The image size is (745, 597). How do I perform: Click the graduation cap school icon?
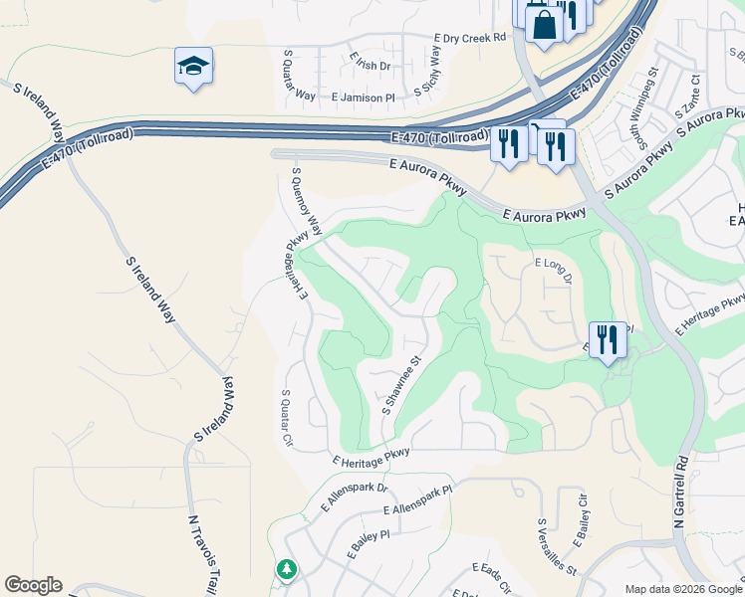coord(193,67)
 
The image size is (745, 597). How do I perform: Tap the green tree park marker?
coord(287,569)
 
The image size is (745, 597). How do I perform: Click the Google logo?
coord(33,585)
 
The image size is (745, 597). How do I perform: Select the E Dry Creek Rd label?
coord(470,38)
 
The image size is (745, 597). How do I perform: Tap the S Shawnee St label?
coord(403,386)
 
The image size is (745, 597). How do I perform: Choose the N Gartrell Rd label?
coord(681,492)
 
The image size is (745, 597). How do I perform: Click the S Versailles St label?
coord(557,546)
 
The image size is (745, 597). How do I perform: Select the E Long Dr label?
coord(554,270)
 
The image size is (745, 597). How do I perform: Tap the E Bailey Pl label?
coord(369,548)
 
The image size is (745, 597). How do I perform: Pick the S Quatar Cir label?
coord(288,418)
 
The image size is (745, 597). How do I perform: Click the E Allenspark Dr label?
coord(354,497)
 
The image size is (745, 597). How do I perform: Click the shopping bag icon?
coord(544,24)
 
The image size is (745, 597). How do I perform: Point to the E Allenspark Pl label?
coord(418,508)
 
